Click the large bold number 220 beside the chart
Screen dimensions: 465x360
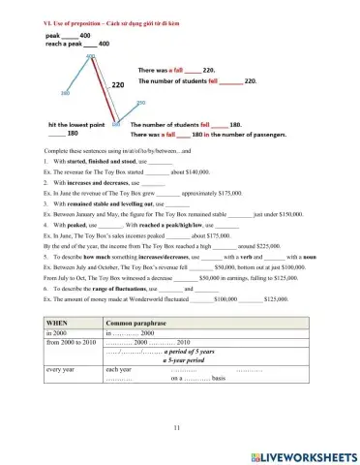click(x=118, y=86)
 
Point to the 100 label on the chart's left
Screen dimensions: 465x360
click(x=64, y=94)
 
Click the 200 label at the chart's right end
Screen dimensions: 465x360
click(x=140, y=103)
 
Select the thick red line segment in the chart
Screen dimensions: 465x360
click(x=103, y=89)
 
